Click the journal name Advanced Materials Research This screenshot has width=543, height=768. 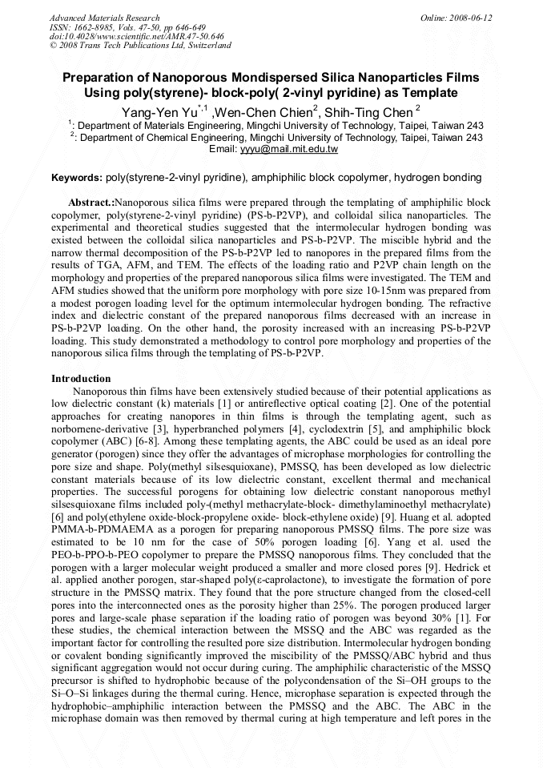[104, 18]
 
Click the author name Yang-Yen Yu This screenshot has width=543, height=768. [159, 112]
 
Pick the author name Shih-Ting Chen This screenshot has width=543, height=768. [368, 112]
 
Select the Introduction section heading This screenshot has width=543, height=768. [81, 378]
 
